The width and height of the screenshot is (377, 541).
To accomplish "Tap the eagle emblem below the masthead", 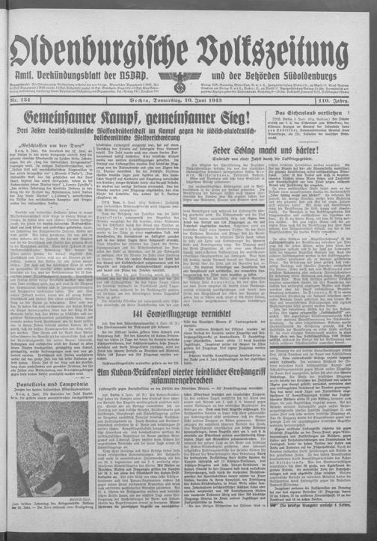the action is pos(189,79).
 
